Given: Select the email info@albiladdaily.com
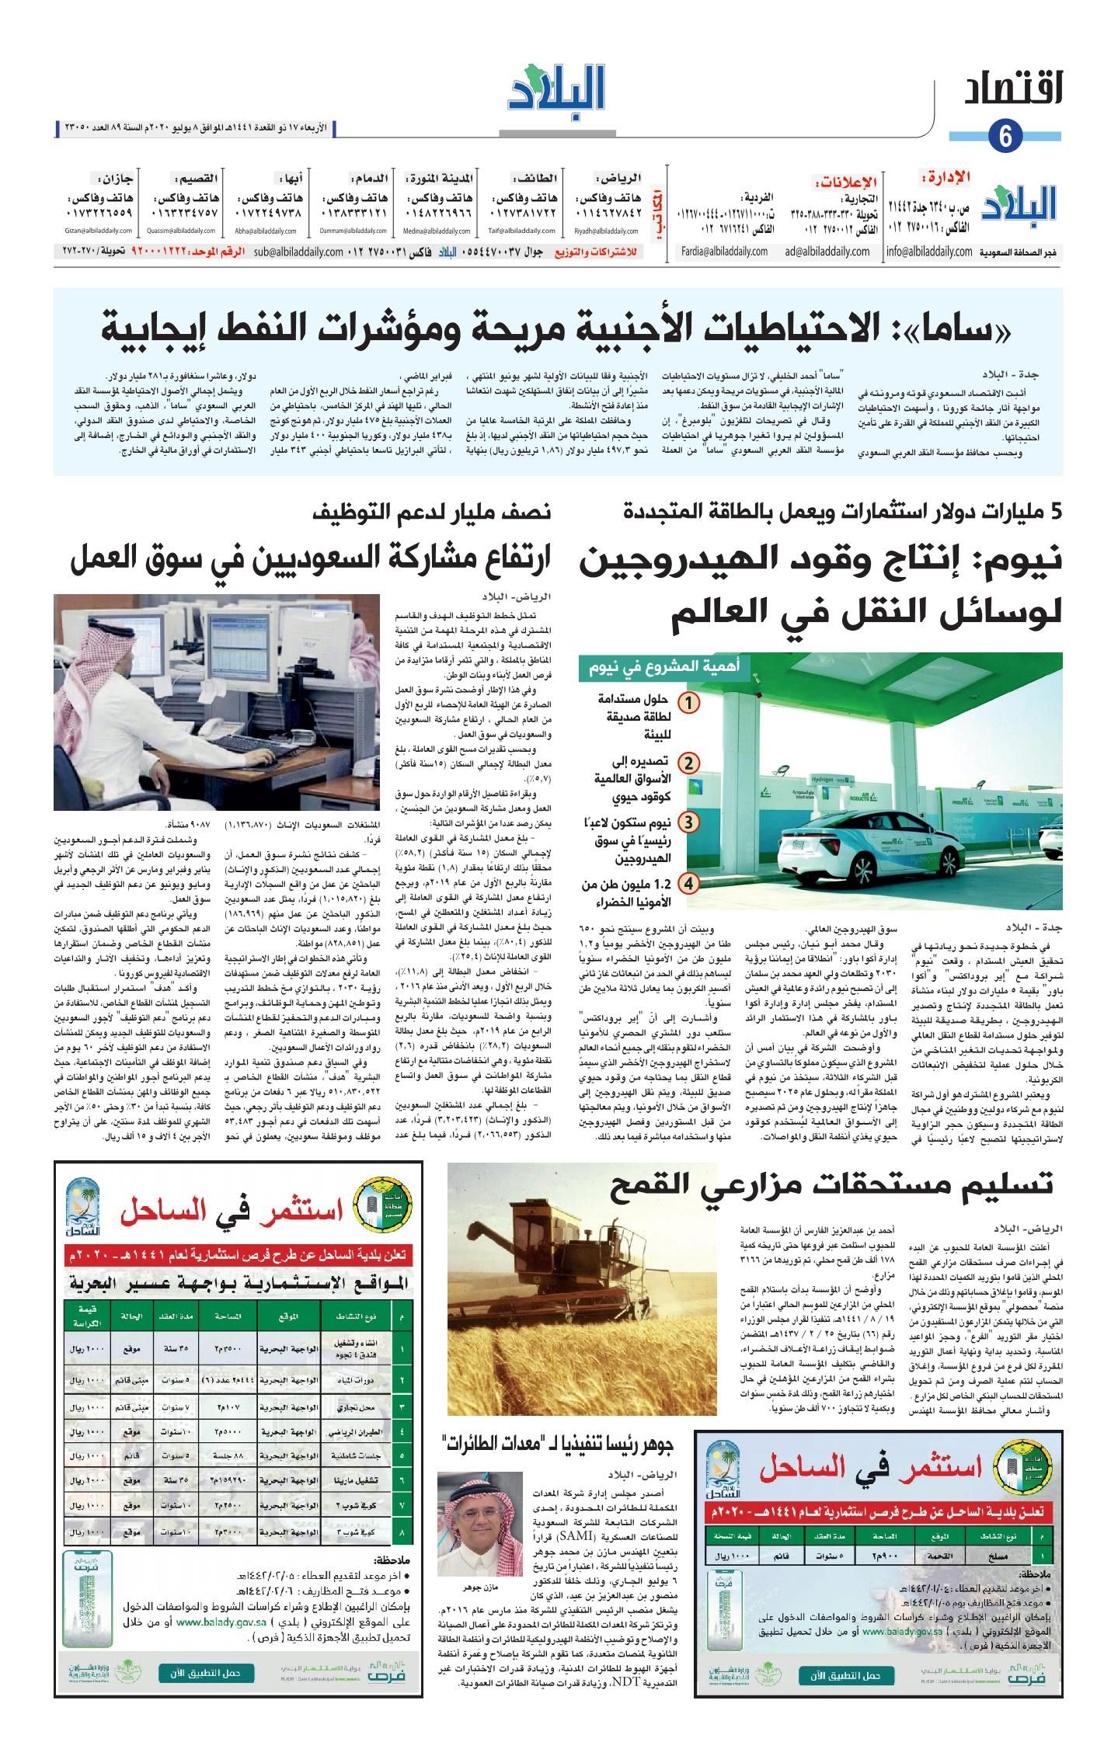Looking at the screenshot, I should (929, 252).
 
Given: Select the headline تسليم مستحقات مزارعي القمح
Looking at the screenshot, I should (832, 1184).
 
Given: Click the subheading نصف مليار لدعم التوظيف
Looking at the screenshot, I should (433, 512).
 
